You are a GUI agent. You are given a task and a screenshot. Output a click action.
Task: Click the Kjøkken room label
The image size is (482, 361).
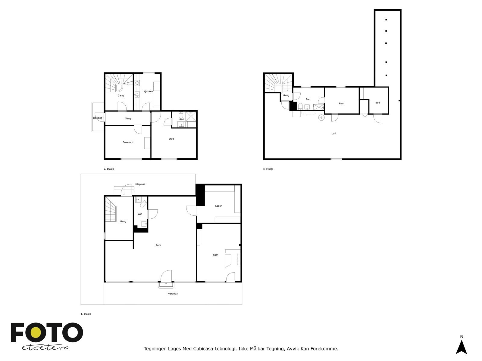tap(148, 91)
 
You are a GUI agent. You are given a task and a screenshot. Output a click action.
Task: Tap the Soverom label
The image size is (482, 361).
tap(128, 142)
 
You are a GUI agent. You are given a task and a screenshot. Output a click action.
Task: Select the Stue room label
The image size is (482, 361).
tap(171, 139)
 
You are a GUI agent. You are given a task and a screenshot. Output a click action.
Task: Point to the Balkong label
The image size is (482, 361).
tap(98, 118)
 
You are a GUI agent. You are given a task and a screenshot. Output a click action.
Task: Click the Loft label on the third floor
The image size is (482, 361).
tap(334, 133)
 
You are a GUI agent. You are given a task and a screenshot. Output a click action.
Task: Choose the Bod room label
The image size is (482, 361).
tap(377, 103)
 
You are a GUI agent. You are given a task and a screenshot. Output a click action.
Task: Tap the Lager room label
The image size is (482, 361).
tap(218, 206)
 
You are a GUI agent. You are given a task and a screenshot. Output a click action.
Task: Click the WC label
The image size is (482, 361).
tap(140, 214)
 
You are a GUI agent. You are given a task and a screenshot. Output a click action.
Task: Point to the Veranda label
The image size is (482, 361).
tap(173, 294)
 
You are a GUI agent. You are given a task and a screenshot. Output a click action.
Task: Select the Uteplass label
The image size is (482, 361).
tap(140, 184)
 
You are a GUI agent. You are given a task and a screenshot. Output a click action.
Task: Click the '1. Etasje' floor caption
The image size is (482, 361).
tap(86, 314)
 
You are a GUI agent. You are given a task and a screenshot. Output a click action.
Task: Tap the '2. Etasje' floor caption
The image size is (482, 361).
tap(109, 169)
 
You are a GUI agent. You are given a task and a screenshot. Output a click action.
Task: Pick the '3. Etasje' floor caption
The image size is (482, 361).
tap(268, 169)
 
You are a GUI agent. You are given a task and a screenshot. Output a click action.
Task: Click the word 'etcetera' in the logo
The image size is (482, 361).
tap(45, 347)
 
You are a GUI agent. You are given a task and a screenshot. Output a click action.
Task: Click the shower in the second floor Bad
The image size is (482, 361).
tap(191, 116)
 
